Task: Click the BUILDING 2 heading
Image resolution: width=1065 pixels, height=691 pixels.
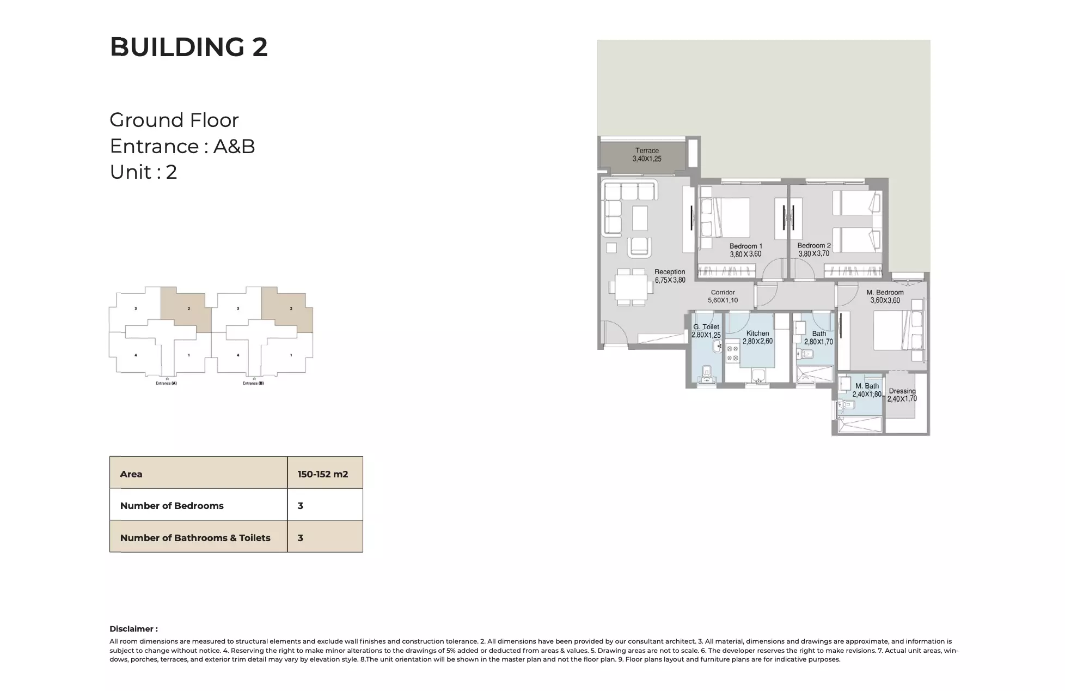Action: point(188,47)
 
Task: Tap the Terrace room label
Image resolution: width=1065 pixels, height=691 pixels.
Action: point(647,150)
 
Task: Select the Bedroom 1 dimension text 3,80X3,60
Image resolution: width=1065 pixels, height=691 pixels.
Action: point(745,254)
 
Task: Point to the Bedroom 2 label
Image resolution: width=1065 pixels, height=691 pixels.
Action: point(814,246)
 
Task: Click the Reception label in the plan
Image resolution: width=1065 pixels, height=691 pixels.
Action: point(670,272)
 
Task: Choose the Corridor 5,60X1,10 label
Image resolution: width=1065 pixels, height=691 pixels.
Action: point(723,296)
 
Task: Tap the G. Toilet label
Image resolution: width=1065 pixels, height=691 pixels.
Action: point(706,327)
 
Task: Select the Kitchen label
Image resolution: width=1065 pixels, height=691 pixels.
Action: point(757,334)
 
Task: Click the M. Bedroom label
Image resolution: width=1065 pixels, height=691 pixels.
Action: point(885,293)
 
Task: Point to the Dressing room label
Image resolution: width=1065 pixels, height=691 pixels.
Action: point(902,391)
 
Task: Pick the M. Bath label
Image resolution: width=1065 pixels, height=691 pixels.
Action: point(867,386)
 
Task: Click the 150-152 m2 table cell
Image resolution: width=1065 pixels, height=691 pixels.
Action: point(323,474)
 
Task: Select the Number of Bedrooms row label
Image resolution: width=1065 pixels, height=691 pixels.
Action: point(172,506)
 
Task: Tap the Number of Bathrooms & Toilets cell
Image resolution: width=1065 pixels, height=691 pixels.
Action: point(195,538)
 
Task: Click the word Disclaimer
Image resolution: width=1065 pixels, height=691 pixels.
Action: point(133,629)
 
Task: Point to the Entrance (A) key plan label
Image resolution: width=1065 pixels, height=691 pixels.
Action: point(166,383)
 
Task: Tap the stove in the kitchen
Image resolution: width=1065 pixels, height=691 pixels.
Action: point(732,353)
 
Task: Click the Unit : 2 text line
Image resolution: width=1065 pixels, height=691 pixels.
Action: point(143,172)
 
